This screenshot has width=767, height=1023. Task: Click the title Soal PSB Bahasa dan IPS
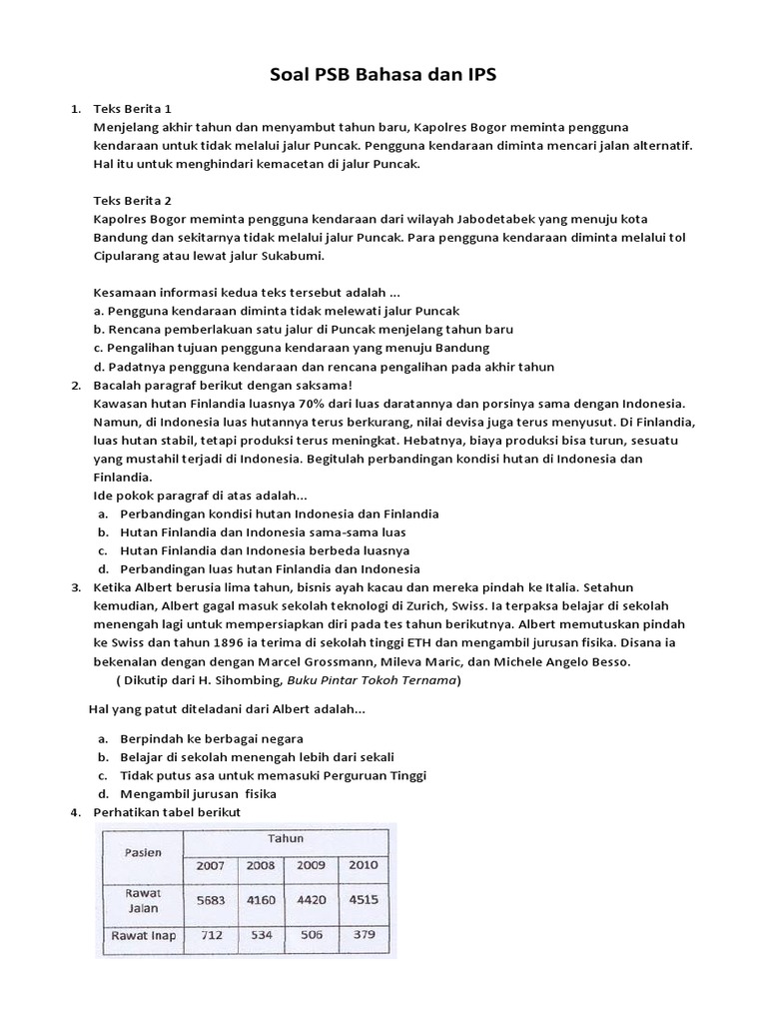coord(383,74)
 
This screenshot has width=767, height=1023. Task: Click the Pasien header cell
coord(144,853)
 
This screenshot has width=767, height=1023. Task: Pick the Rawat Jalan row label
coord(142,898)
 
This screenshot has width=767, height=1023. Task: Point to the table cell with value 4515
coord(363,899)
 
